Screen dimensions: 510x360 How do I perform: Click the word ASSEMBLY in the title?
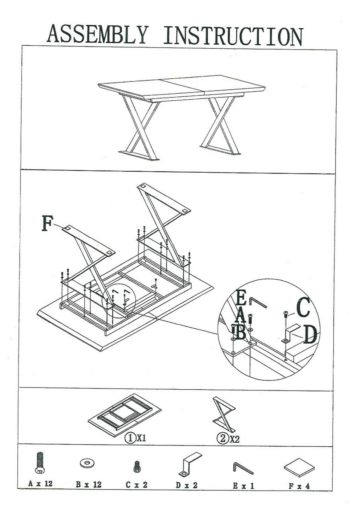pyautogui.click(x=97, y=35)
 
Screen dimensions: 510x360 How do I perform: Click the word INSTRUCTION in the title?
pyautogui.click(x=233, y=36)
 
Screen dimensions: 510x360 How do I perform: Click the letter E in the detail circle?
pyautogui.click(x=242, y=297)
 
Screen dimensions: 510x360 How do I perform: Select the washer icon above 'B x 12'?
pyautogui.click(x=87, y=463)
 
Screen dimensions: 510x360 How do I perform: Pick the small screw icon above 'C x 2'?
pyautogui.click(x=136, y=466)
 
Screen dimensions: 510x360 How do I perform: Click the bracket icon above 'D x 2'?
pyautogui.click(x=189, y=464)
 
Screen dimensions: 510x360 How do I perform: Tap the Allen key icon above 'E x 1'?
pyautogui.click(x=243, y=468)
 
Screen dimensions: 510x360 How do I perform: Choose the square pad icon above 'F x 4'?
pyautogui.click(x=299, y=467)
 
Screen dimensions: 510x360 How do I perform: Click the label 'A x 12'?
pyautogui.click(x=40, y=484)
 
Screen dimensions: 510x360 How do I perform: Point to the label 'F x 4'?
pyautogui.click(x=299, y=486)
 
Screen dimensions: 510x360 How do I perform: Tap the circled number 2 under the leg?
pyautogui.click(x=222, y=439)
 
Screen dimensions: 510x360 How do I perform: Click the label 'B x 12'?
pyautogui.click(x=88, y=484)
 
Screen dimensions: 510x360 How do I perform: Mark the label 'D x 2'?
pyautogui.click(x=187, y=485)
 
